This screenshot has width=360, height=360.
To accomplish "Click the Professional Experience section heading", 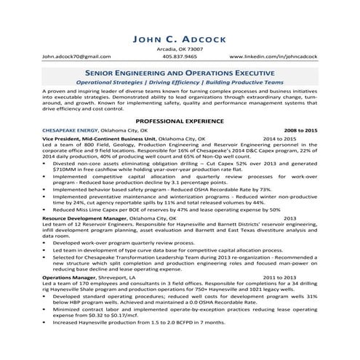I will (x=180, y=123).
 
